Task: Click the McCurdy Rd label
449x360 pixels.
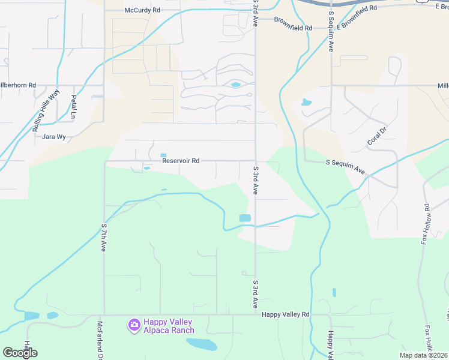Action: pos(142,10)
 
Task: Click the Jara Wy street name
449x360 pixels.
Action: pos(53,137)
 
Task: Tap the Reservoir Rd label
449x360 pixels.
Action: pos(180,161)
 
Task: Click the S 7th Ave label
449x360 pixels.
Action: pos(104,238)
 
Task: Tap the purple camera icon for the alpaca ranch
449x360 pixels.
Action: pos(134,325)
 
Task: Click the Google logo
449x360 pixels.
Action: pos(20,353)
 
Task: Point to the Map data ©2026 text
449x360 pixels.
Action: pos(423,355)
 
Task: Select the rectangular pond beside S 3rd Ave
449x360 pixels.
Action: pos(245,218)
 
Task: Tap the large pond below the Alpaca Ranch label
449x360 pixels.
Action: pos(202,344)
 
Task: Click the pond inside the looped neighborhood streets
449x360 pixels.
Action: pos(235,85)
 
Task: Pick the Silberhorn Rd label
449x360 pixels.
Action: pos(18,85)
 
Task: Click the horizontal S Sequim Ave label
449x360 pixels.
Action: pos(345,167)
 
